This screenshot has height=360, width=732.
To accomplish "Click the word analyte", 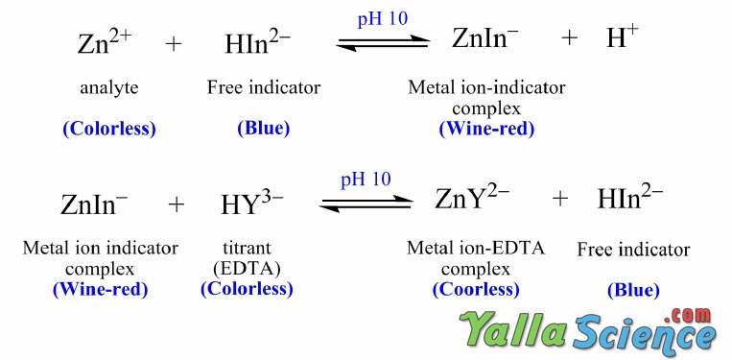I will pyautogui.click(x=108, y=88).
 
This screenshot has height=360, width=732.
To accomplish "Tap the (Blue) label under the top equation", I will pyautogui.click(x=263, y=128).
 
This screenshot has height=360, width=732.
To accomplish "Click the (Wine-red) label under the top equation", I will pyautogui.click(x=486, y=128).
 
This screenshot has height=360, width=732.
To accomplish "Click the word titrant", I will pyautogui.click(x=247, y=249).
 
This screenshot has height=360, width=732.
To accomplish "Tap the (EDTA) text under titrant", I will pyautogui.click(x=247, y=268).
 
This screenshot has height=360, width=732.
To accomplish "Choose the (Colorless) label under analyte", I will pyautogui.click(x=108, y=128).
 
